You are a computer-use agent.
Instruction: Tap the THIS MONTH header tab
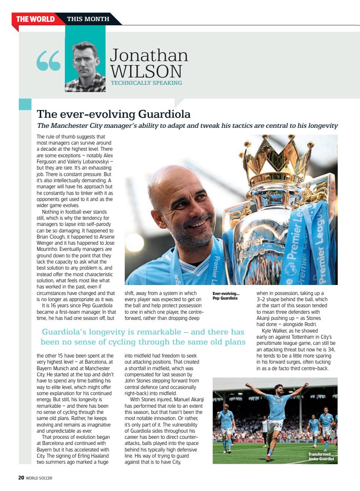88,19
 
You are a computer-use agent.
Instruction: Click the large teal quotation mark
49,62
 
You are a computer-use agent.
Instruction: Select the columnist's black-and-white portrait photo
85,65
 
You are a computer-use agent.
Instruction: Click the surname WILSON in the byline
146,71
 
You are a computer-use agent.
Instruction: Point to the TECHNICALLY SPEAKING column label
146,82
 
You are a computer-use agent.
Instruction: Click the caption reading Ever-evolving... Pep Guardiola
226,296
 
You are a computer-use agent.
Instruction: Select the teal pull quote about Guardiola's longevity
143,337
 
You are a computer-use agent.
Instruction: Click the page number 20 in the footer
21,478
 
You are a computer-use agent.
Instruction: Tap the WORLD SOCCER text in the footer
39,478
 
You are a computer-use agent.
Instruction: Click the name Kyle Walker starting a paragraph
273,331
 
